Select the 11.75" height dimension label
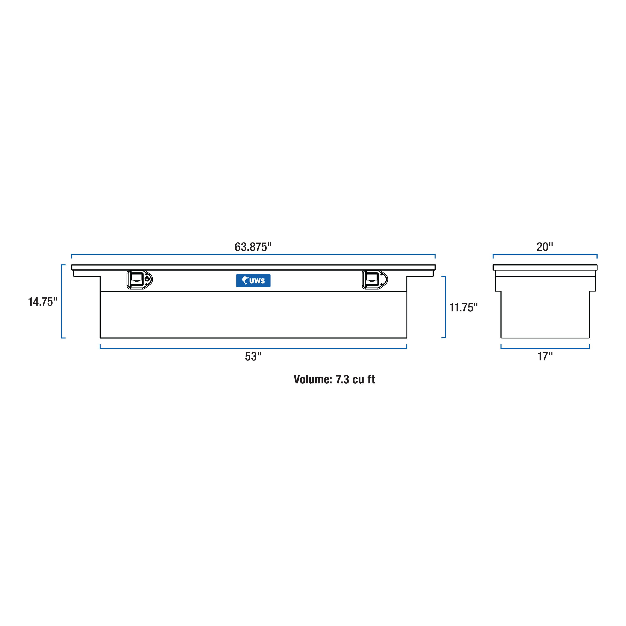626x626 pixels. point(463,308)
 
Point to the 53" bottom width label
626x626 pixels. point(253,356)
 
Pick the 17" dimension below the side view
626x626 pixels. point(545,356)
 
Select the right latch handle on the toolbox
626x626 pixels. point(372,279)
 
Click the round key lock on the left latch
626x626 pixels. point(148,279)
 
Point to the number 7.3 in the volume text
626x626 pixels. point(342,379)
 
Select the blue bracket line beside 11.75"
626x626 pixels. point(446,307)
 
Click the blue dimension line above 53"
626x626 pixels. point(253,348)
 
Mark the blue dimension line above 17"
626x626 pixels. point(545,348)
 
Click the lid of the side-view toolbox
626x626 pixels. point(545,267)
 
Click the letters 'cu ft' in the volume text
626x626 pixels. point(364,379)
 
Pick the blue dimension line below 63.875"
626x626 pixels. point(253,254)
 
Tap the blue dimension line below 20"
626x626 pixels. point(545,254)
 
